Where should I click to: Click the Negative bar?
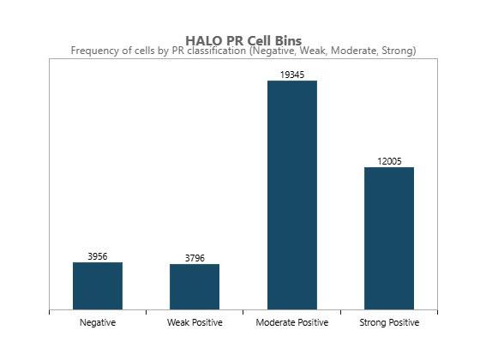[98, 285]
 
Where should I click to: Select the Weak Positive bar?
[195, 286]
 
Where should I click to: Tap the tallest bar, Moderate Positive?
[292, 195]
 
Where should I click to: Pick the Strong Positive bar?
[389, 237]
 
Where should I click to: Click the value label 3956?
[98, 256]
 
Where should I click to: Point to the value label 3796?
[195, 258]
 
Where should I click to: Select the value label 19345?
[292, 75]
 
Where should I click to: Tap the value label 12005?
[389, 161]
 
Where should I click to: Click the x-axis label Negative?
[98, 322]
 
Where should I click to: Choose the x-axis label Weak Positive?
[195, 322]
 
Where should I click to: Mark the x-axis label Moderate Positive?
[292, 322]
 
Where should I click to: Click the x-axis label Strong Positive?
[389, 322]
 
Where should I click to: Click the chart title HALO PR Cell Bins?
[243, 40]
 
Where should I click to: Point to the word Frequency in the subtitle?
[95, 51]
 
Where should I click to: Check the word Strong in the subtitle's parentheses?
[397, 51]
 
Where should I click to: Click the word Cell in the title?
[255, 40]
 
